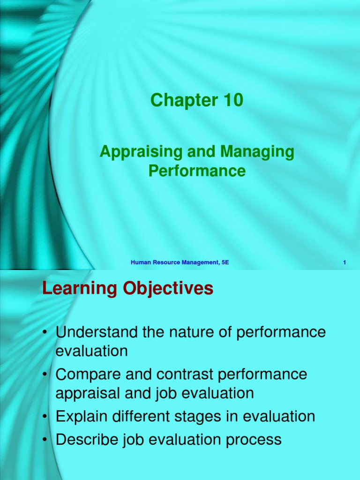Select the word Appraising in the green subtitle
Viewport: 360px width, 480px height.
[x=141, y=152]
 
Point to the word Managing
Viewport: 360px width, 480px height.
[x=257, y=152]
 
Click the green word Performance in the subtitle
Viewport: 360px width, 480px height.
[x=197, y=171]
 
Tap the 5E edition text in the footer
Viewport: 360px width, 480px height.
[x=225, y=262]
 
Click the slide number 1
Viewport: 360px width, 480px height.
[x=345, y=262]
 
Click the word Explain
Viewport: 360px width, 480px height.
[x=82, y=417]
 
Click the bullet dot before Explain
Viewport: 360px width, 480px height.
[x=45, y=417]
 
